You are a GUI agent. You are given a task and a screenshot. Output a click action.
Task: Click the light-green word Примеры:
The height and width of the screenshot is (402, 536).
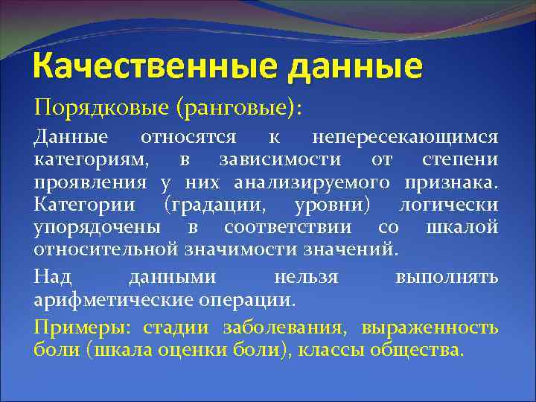click(70, 328)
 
